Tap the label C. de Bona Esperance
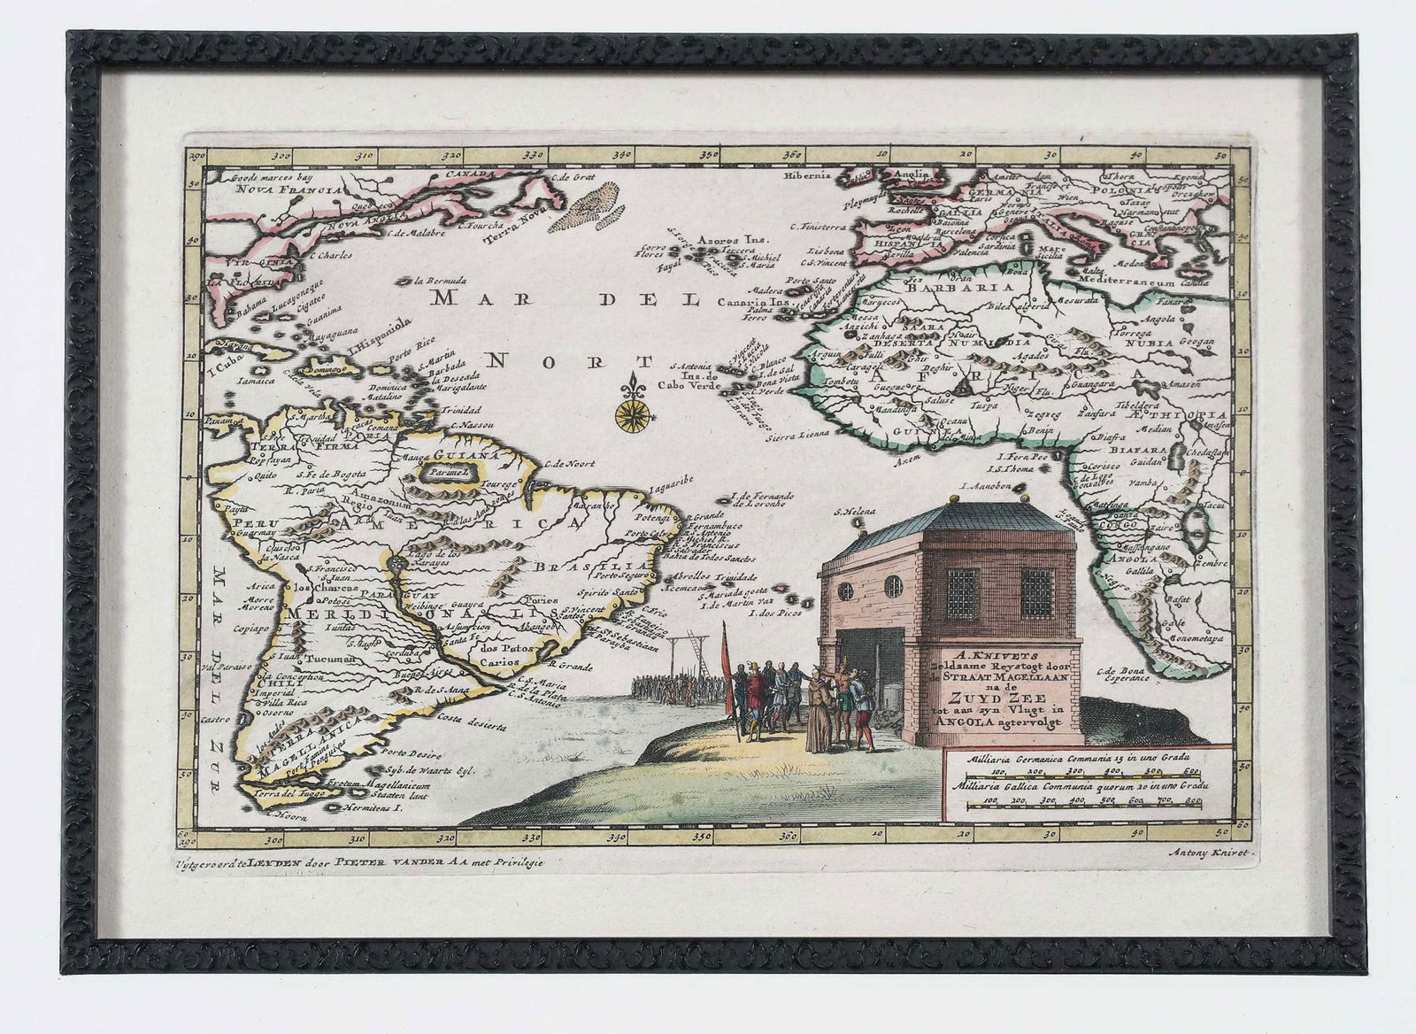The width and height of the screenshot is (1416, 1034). tap(1123, 674)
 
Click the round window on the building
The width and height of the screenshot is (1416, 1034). tap(893, 585)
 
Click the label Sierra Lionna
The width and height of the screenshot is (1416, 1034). tap(798, 435)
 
